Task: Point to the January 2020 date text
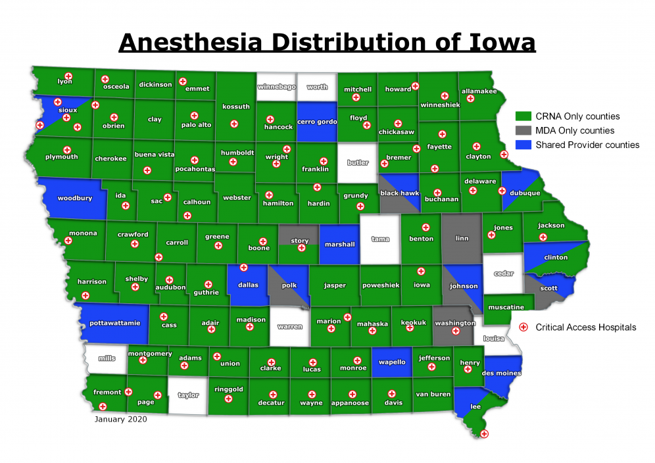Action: point(121,418)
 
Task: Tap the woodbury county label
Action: point(75,197)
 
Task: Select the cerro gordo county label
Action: point(317,122)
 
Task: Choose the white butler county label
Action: point(358,162)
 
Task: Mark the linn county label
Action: point(462,238)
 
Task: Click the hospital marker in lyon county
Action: point(67,76)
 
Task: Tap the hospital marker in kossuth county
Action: point(234,124)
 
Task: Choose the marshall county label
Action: point(340,245)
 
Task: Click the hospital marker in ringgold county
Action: point(228,399)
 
